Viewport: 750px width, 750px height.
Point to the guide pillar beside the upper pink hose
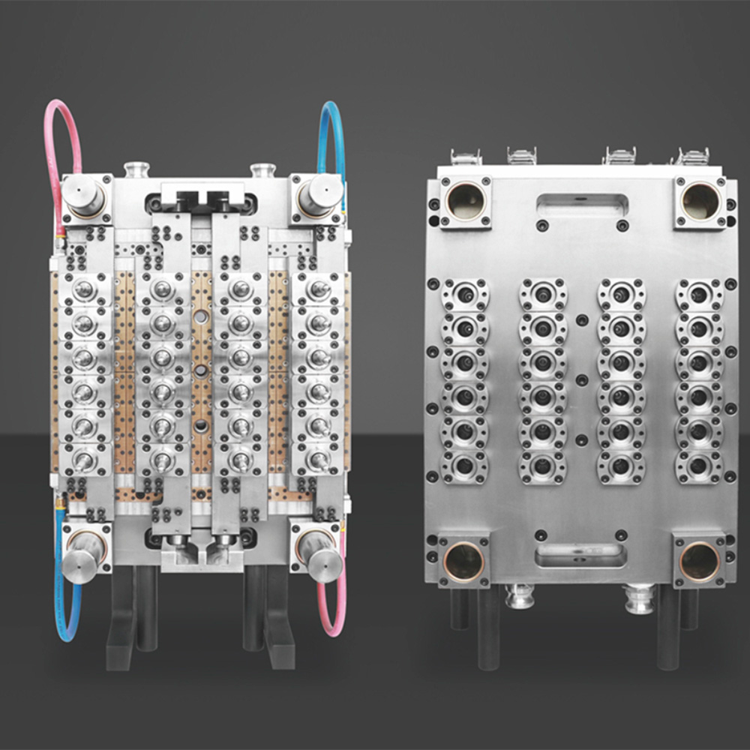[x=83, y=196]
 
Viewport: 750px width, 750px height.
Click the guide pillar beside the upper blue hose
[x=316, y=194]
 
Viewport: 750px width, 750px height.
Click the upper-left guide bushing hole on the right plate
[x=465, y=201]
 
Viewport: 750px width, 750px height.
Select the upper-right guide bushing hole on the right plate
[x=700, y=201]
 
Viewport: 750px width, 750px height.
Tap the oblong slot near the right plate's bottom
[x=582, y=556]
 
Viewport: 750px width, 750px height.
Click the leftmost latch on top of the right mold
[x=466, y=157]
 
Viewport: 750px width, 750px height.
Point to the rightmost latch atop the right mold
[x=693, y=157]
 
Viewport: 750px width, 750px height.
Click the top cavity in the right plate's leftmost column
[x=465, y=294]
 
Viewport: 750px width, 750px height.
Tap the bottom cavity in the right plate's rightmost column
[x=699, y=465]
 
